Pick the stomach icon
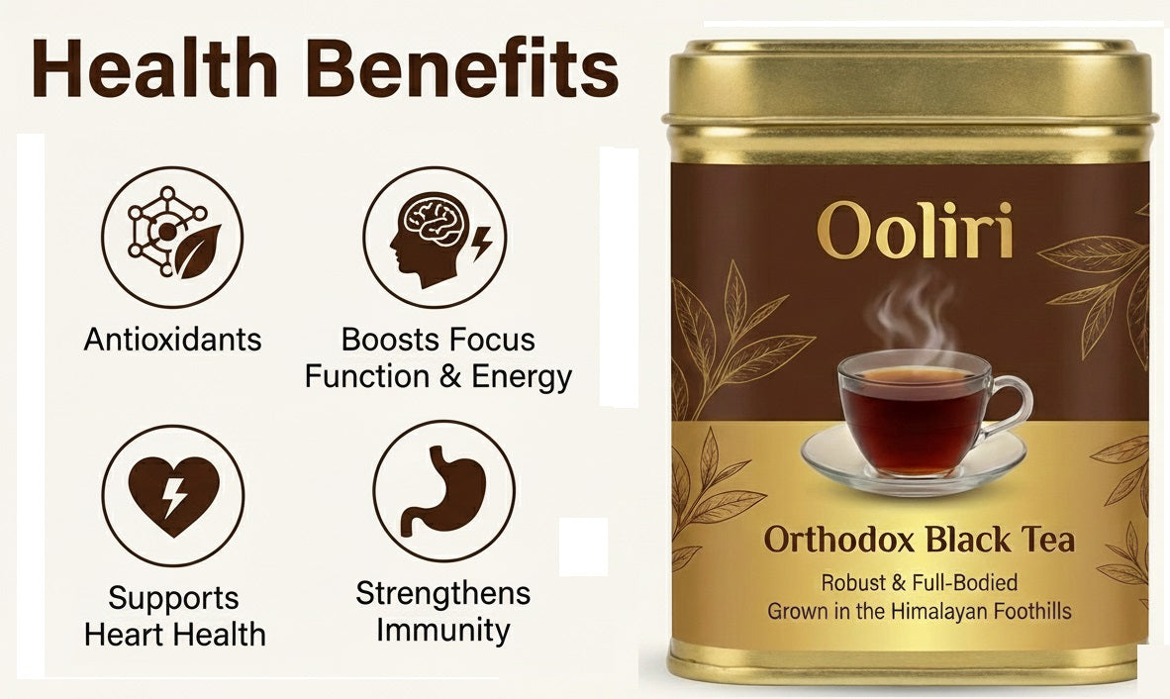(442, 491)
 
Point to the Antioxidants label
(172, 340)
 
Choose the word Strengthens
(442, 594)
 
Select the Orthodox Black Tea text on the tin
(919, 542)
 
